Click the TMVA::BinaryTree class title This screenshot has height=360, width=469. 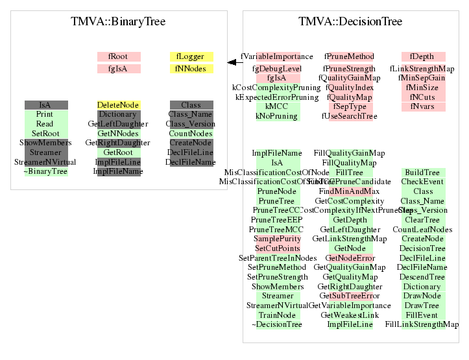[118, 22]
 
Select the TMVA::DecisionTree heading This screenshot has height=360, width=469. [350, 22]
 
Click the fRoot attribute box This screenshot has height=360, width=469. [119, 57]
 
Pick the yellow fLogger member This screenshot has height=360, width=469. [191, 57]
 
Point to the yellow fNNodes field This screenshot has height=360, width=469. [191, 69]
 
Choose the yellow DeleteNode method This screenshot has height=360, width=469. [119, 105]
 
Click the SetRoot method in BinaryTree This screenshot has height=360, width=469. [45, 134]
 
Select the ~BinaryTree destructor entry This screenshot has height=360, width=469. [45, 172]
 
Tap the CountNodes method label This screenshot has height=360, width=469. [191, 134]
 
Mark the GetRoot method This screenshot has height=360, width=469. [119, 152]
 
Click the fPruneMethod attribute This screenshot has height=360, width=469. [350, 57]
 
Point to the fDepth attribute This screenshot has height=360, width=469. [423, 57]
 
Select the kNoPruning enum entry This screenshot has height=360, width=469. [277, 116]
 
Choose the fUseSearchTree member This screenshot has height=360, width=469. [350, 116]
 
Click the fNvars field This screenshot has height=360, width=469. [423, 106]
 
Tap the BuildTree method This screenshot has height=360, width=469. [423, 173]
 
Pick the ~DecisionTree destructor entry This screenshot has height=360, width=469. [277, 324]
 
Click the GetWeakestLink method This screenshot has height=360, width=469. [350, 315]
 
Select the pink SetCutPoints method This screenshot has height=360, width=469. [277, 248]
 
